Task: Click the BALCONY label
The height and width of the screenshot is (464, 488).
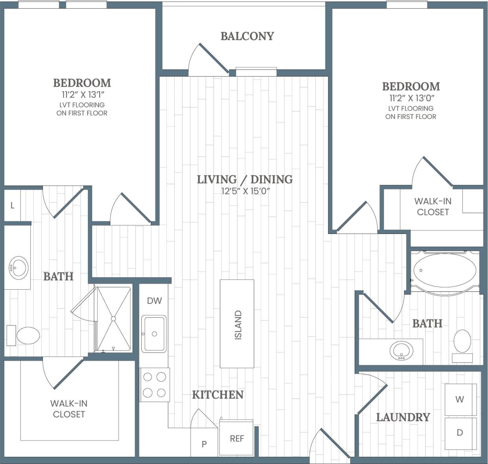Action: tap(247, 36)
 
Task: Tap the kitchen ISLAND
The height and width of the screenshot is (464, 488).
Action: tap(237, 324)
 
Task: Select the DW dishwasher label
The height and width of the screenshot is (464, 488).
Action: tap(154, 301)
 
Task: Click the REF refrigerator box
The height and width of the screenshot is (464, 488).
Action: tap(237, 438)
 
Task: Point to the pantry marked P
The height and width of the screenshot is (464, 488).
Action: tap(204, 444)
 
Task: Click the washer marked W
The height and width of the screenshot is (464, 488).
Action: tap(460, 399)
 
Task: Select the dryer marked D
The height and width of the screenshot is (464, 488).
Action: tap(460, 433)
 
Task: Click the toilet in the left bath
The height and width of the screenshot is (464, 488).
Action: tap(27, 336)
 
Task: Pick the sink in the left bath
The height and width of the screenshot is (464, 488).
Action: tap(18, 268)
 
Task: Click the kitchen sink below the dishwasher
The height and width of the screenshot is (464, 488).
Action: tap(154, 334)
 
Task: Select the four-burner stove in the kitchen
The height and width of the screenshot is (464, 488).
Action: tap(155, 385)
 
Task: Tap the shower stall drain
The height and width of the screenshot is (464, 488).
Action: tap(113, 319)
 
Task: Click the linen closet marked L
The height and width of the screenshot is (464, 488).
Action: tap(13, 205)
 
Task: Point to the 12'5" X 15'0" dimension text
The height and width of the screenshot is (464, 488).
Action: tap(245, 192)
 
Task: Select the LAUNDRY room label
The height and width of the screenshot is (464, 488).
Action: tap(403, 417)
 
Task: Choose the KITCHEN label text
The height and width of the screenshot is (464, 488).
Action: tap(217, 395)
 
